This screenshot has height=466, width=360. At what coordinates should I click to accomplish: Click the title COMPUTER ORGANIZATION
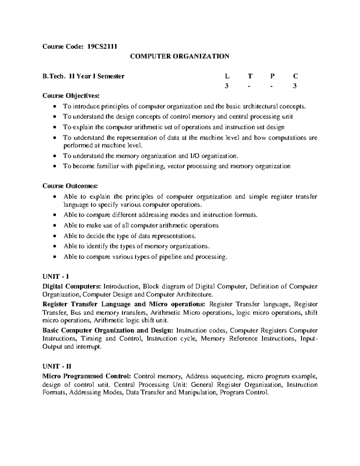tap(179, 56)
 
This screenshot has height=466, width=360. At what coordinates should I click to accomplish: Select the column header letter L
tap(226, 76)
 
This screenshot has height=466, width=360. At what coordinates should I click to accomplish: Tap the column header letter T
tap(250, 76)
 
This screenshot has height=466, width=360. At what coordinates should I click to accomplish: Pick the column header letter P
tap(272, 76)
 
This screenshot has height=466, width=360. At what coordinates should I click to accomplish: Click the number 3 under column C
tap(295, 86)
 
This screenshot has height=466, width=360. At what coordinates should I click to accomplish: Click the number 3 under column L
tap(226, 86)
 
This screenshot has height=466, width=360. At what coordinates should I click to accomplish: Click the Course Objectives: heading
tap(70, 96)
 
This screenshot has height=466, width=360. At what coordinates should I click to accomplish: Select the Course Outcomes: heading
tap(70, 186)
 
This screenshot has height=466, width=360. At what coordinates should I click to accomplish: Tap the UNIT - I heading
tap(56, 276)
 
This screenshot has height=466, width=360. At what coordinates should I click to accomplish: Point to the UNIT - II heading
tap(57, 366)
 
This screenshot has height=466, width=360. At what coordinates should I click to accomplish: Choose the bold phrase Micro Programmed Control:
tap(87, 376)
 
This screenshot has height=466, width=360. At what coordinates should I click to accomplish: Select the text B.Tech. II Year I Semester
tap(83, 76)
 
